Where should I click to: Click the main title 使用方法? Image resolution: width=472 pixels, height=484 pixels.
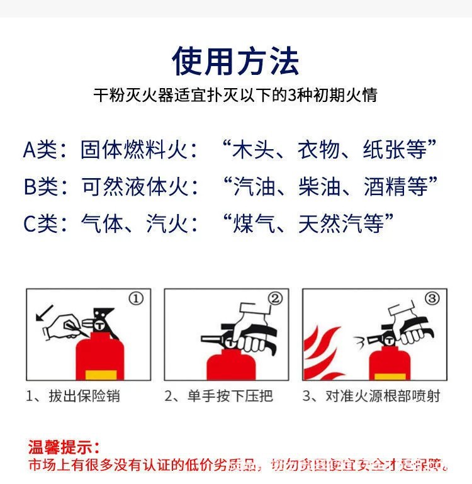[x=235, y=61]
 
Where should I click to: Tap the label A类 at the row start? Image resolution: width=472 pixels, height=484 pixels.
[x=40, y=150]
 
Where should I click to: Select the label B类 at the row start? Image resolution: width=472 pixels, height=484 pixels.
[x=40, y=187]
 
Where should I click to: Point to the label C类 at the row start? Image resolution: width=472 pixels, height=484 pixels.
[x=40, y=223]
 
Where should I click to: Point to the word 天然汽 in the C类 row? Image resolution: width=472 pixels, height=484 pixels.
[x=340, y=223]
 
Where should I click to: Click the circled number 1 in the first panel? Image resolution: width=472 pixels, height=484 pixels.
[x=137, y=298]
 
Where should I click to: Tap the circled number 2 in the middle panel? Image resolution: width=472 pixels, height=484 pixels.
[x=275, y=298]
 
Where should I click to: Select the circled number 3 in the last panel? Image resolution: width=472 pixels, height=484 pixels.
[x=431, y=298]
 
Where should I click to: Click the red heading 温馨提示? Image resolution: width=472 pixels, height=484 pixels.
[x=63, y=448]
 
